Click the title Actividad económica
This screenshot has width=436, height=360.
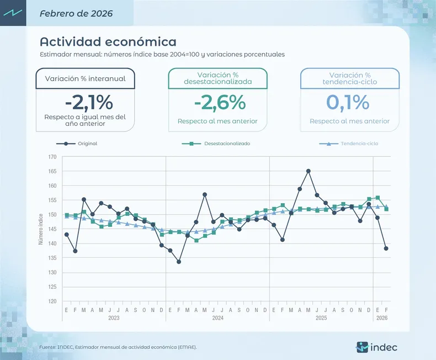[108, 42]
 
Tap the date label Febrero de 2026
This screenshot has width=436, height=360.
[76, 13]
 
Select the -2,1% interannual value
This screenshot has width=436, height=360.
[88, 102]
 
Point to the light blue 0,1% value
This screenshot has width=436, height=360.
[348, 102]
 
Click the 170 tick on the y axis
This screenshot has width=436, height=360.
[52, 157]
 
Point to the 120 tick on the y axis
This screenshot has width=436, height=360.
[52, 301]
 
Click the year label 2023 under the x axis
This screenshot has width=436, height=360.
[114, 318]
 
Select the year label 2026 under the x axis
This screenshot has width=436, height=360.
[381, 318]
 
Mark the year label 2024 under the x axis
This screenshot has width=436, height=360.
[217, 318]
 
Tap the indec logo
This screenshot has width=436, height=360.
[377, 347]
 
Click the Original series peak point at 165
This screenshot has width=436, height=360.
[308, 171]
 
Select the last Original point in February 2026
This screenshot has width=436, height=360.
[386, 248]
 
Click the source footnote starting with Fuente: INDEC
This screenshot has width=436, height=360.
[118, 347]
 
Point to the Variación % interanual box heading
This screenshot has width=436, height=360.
[85, 78]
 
